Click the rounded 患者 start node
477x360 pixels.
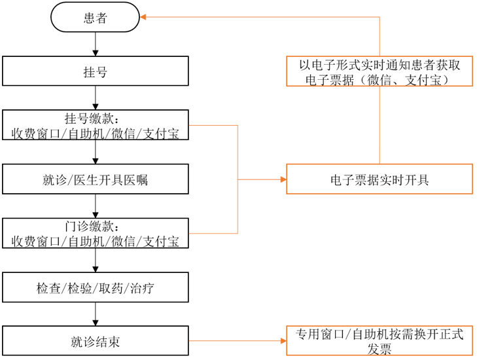96,18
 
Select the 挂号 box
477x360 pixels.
96,71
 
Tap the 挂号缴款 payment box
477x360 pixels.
96,125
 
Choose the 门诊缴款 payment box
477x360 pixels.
96,234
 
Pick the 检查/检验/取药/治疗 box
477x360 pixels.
96,287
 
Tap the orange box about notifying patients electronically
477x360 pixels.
380,71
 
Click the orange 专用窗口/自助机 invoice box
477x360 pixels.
380,341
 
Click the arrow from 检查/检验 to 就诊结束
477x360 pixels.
96,314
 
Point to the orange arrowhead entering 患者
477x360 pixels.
145,18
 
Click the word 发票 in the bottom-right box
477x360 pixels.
380,350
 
